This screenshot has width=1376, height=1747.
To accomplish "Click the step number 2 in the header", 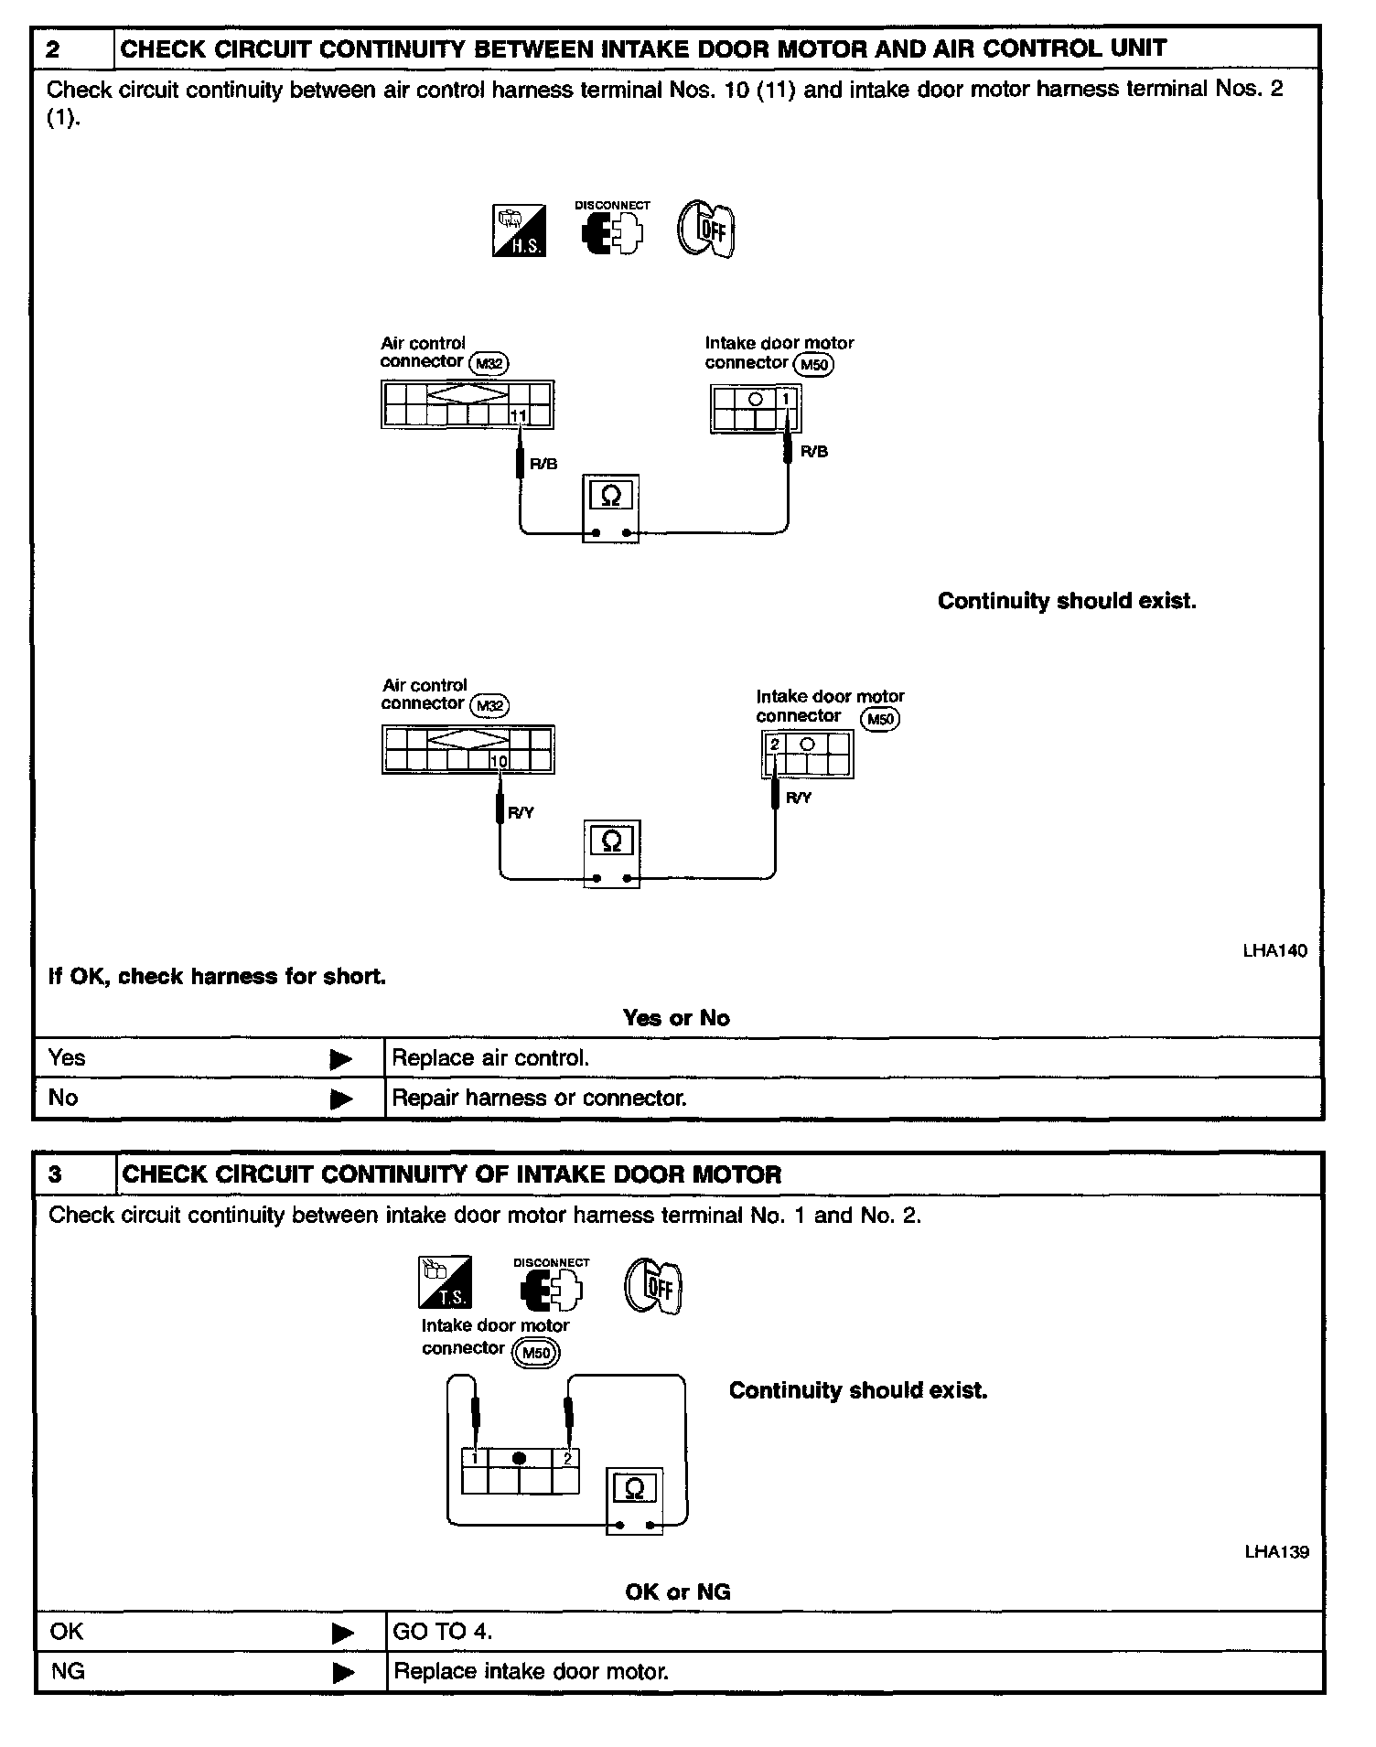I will (54, 49).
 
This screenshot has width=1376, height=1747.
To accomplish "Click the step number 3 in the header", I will (56, 1174).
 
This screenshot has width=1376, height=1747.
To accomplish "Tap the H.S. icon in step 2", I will (519, 230).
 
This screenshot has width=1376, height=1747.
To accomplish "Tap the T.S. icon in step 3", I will (445, 1281).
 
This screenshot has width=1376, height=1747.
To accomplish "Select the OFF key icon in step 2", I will (705, 229).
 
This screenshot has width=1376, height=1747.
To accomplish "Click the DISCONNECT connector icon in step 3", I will (551, 1288).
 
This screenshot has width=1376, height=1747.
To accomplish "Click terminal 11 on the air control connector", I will (519, 416).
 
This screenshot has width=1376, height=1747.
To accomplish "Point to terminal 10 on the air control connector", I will (499, 761).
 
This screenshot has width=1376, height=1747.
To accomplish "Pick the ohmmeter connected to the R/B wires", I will (610, 508).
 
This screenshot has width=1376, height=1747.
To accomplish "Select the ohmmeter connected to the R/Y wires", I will (612, 852).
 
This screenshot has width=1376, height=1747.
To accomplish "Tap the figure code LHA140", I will (1274, 950).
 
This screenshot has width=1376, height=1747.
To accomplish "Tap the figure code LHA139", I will (1276, 1552).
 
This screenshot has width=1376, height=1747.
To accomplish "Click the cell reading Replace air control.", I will (490, 1058).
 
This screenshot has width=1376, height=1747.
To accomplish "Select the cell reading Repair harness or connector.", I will (539, 1098).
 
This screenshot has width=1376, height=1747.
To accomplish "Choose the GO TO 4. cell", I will (442, 1631).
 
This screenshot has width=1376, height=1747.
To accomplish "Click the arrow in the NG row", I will (343, 1673).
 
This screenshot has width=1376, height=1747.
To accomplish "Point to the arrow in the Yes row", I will (340, 1059).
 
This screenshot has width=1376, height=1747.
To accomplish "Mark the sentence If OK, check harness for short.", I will (217, 977).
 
